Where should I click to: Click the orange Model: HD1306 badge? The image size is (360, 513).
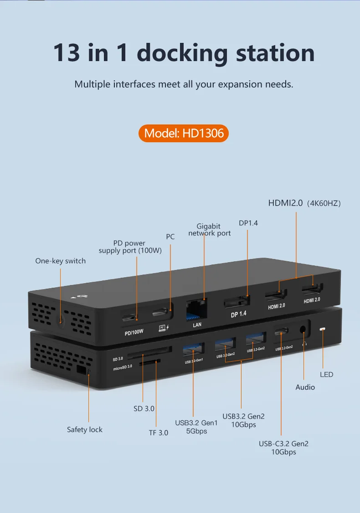click(x=183, y=133)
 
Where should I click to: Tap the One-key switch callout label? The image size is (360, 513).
click(x=61, y=261)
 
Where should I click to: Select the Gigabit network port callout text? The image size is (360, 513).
click(x=209, y=229)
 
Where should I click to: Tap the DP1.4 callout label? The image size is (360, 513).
click(x=248, y=223)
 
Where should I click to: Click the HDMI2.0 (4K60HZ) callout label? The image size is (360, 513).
click(x=304, y=203)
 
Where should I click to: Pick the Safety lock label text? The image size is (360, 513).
click(x=85, y=430)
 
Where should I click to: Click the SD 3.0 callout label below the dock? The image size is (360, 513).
click(x=144, y=409)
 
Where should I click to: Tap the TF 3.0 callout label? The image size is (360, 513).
click(x=159, y=432)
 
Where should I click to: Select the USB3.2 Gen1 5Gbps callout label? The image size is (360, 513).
click(x=197, y=427)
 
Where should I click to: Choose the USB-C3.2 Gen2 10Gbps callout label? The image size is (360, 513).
click(x=284, y=447)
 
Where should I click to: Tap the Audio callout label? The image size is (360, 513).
click(x=305, y=387)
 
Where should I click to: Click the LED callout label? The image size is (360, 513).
click(x=327, y=374)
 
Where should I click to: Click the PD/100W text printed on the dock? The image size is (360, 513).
click(x=134, y=332)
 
